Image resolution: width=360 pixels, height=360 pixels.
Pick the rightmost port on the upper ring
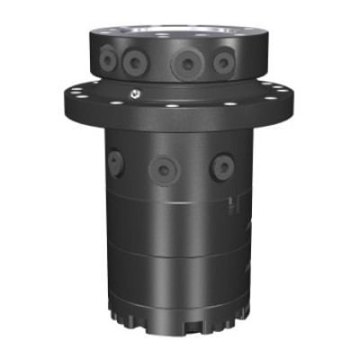click(x=221, y=60)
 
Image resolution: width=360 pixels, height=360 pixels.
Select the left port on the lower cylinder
click(x=115, y=163)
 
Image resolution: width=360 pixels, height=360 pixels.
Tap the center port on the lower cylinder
click(x=163, y=170)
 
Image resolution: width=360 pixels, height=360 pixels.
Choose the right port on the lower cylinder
click(x=221, y=166)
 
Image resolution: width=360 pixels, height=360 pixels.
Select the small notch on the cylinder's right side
click(x=233, y=206)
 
